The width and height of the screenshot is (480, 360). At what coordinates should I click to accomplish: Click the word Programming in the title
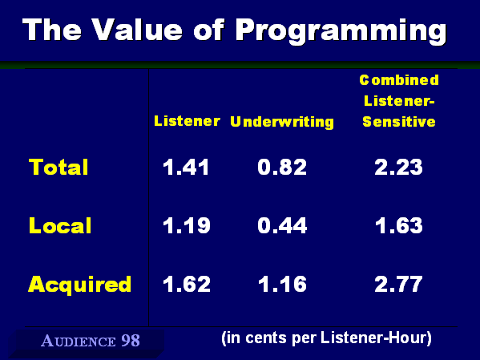tap(341, 31)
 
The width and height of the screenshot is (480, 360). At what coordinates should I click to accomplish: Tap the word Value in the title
tap(137, 30)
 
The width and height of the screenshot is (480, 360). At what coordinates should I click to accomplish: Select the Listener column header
tap(187, 121)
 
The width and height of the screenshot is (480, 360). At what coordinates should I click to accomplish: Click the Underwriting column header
tap(282, 122)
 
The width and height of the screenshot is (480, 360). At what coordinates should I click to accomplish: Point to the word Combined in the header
tap(399, 80)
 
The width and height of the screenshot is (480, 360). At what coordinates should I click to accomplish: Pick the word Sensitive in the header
tap(399, 122)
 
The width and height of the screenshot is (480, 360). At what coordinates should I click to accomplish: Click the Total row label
tap(58, 167)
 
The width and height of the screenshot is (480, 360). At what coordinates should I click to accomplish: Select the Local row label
tap(60, 225)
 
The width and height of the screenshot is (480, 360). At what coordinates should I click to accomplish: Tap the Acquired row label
tap(79, 285)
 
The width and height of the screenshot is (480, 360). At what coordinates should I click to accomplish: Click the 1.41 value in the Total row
tap(186, 168)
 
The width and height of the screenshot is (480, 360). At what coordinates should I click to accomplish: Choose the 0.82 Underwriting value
tap(282, 168)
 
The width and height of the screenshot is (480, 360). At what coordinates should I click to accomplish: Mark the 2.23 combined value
tap(398, 168)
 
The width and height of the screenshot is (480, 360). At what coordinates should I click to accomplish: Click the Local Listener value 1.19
tap(187, 226)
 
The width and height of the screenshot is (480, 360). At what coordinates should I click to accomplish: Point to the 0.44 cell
tap(282, 226)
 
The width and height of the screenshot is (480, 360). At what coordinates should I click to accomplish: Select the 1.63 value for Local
tap(399, 226)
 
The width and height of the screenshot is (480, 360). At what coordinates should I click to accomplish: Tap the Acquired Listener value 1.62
tap(187, 284)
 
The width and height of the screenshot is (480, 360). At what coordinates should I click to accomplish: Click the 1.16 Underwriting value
tap(282, 284)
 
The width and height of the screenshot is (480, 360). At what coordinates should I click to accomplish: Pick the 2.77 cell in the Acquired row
tap(398, 284)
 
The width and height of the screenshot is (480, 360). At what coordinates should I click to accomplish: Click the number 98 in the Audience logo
tap(131, 341)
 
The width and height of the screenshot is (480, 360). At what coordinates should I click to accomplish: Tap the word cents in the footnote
tap(266, 338)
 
